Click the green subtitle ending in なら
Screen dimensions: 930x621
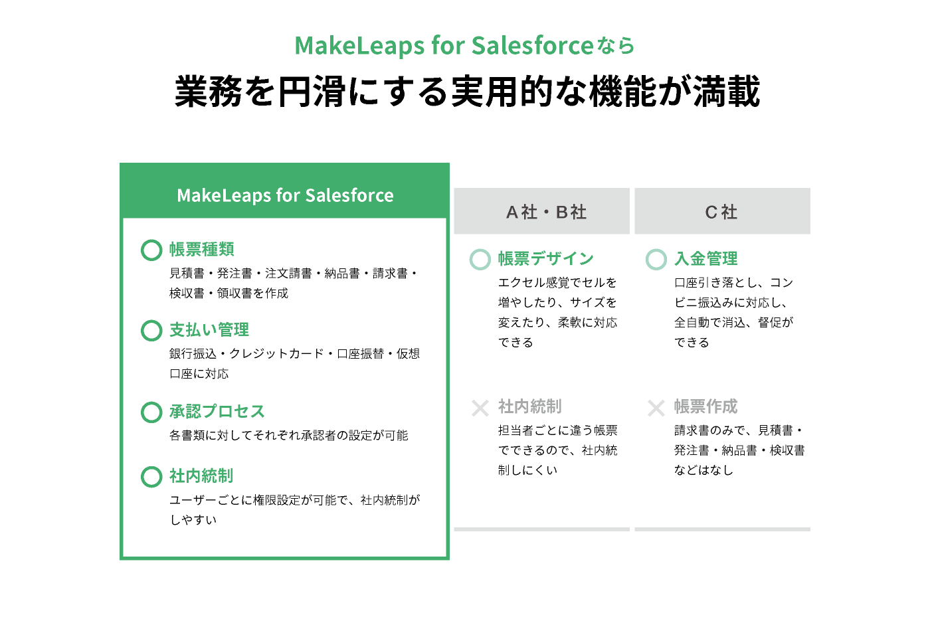(x=464, y=45)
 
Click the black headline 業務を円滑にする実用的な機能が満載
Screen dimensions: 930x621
(x=467, y=92)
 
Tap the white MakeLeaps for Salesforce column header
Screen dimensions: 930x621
(x=285, y=195)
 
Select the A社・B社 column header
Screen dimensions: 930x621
(x=546, y=212)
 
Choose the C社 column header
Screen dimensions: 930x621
(x=721, y=212)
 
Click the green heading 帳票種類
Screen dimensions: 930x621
(x=202, y=250)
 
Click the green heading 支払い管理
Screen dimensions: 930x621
(x=209, y=330)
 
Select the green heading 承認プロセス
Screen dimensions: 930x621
(x=217, y=411)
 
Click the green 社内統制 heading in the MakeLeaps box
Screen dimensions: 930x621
(x=201, y=476)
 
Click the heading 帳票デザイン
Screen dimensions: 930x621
(x=546, y=258)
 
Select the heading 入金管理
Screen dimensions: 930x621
(x=705, y=258)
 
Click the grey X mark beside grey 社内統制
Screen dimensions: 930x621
(x=480, y=408)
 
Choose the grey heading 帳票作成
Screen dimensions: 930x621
(x=705, y=406)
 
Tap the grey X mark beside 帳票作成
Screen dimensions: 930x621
(x=656, y=408)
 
